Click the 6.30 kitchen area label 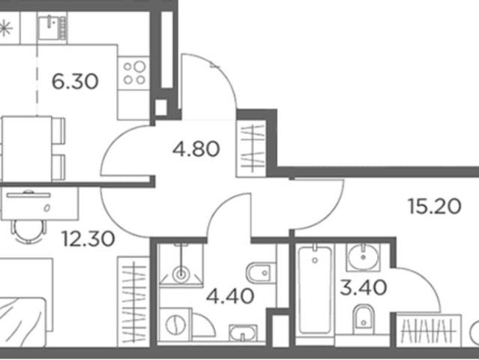(x=75, y=82)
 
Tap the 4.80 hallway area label (x=196, y=148)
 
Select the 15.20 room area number (x=435, y=206)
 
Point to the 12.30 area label (x=88, y=238)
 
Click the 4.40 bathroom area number (x=230, y=295)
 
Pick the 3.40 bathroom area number (x=364, y=288)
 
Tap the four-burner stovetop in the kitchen (x=133, y=73)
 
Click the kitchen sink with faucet (x=52, y=28)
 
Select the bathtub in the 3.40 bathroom (x=315, y=290)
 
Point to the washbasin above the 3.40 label (x=364, y=257)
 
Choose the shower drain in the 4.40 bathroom (x=181, y=274)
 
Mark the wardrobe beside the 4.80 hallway (x=252, y=148)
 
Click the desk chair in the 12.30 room (x=28, y=231)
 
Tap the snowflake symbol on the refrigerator (x=5, y=28)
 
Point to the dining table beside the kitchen (x=26, y=149)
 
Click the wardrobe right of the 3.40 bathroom (x=429, y=331)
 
